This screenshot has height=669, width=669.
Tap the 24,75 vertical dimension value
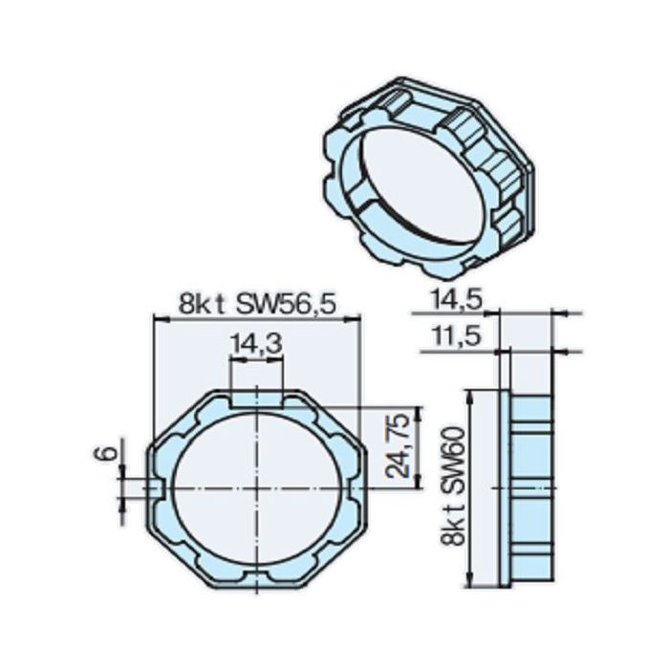tap(402, 445)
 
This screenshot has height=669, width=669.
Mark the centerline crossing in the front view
tap(257, 487)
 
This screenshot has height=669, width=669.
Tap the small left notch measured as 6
tap(156, 487)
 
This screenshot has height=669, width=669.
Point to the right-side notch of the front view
tap(357, 487)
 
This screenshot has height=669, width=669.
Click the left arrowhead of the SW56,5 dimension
tap(157, 320)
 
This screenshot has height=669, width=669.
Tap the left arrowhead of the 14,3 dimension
tap(232, 359)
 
